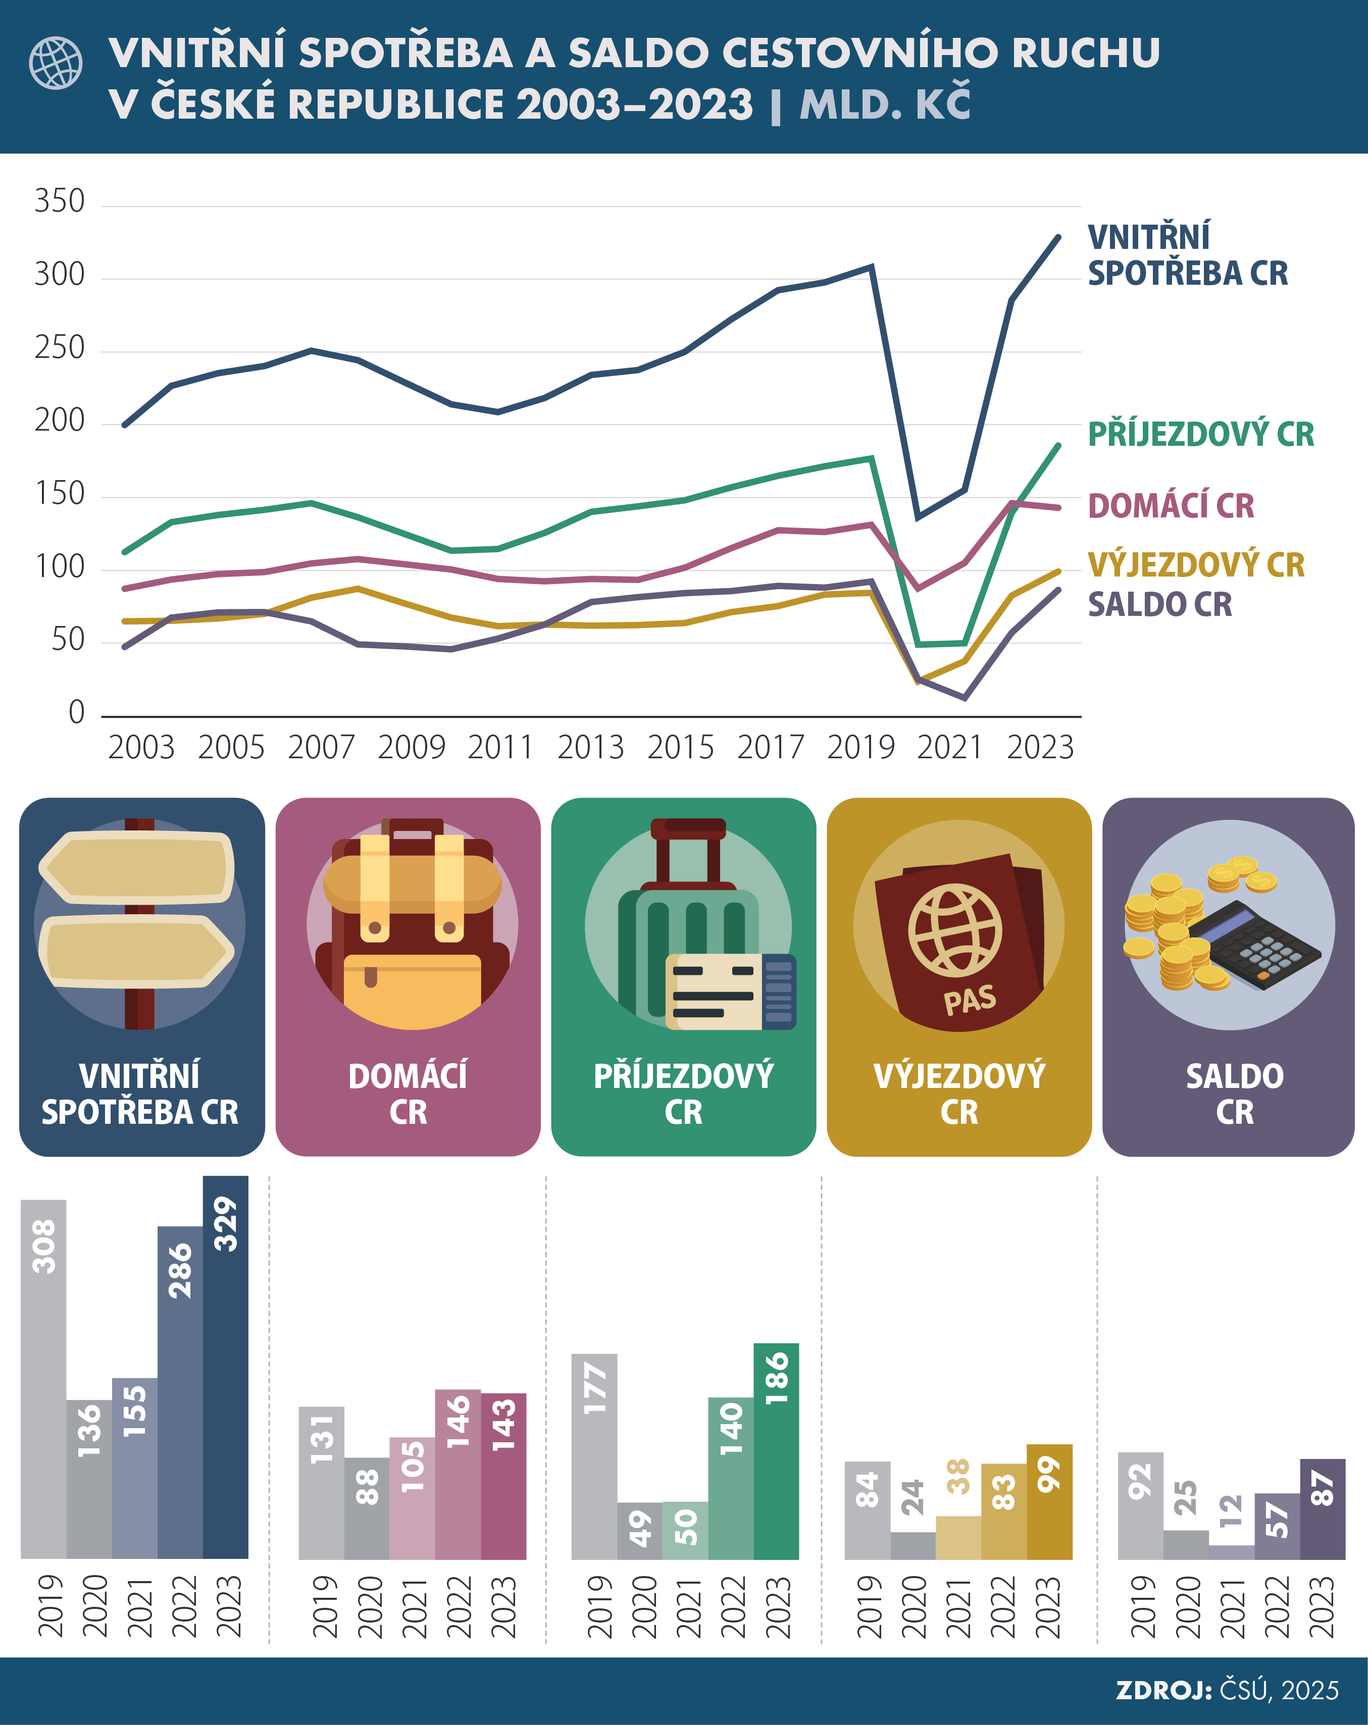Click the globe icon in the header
click(x=55, y=63)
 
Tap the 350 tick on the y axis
click(x=59, y=201)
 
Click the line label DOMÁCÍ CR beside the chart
click(x=1170, y=506)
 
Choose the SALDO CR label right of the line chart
click(x=1159, y=604)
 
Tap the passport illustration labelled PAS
click(x=959, y=940)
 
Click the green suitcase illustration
click(x=688, y=936)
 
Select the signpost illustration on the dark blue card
click(x=138, y=924)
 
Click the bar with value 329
click(x=226, y=1368)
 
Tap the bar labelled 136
click(x=89, y=1480)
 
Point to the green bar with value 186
click(x=777, y=1452)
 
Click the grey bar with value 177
click(x=594, y=1456)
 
